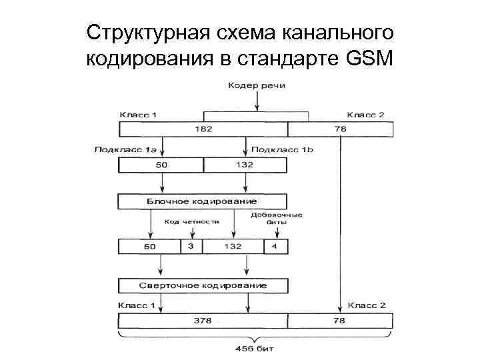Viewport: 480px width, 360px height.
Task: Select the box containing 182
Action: pos(203,129)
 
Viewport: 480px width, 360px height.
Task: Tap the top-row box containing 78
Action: pos(340,129)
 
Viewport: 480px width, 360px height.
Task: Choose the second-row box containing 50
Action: pos(161,165)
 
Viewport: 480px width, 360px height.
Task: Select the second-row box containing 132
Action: pos(245,165)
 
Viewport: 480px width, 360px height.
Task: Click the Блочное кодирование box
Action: pos(202,201)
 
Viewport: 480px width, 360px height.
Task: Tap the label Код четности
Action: pos(193,222)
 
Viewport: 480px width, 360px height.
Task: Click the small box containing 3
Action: pos(191,247)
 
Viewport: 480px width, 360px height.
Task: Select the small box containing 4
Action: pos(275,247)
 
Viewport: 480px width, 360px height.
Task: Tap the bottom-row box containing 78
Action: pos(340,321)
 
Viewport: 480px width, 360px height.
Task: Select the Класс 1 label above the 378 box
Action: pos(136,305)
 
